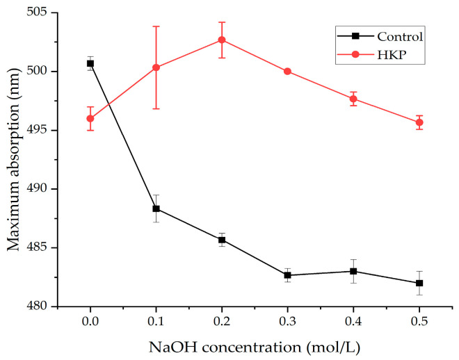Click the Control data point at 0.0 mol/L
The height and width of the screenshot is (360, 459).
[90, 63]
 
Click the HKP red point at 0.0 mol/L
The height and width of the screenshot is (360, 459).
[90, 118]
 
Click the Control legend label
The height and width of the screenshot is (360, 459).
[400, 36]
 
